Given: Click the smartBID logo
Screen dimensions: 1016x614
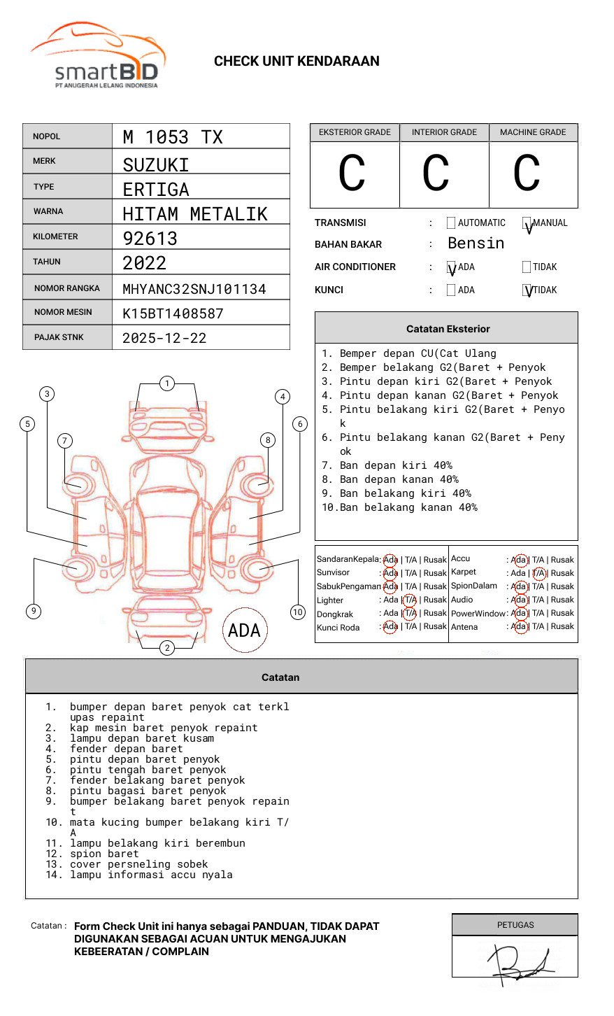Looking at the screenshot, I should [x=98, y=56].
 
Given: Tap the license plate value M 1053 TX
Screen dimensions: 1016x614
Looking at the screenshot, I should [x=173, y=137].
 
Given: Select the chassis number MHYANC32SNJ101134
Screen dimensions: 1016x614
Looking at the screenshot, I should [x=194, y=289].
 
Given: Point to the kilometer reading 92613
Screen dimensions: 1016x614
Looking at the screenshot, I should [x=150, y=239].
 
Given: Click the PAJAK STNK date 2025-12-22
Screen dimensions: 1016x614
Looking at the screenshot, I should [x=164, y=338].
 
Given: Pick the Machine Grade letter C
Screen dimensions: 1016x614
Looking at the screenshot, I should [x=527, y=174].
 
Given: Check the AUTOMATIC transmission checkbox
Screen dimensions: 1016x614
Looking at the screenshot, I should [x=451, y=223].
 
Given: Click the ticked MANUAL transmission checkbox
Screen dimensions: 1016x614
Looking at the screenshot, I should [x=527, y=223].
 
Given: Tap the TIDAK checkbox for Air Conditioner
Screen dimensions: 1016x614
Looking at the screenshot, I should [x=527, y=267].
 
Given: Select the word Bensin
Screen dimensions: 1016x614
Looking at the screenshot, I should [x=476, y=244].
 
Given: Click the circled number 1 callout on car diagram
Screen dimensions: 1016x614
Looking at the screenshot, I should [x=166, y=383].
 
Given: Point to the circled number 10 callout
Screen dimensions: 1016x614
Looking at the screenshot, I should [x=298, y=612].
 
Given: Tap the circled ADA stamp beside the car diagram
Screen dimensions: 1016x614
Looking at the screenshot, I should [x=244, y=630].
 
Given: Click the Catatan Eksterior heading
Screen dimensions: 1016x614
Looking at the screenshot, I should [x=448, y=329].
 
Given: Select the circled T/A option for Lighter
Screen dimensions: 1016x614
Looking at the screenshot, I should [x=410, y=600].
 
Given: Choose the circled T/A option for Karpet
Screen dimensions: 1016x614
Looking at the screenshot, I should [x=538, y=573].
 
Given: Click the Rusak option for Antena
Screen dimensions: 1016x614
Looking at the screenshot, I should [x=562, y=627].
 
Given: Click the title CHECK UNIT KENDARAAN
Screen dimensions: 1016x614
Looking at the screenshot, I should [x=297, y=62].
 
